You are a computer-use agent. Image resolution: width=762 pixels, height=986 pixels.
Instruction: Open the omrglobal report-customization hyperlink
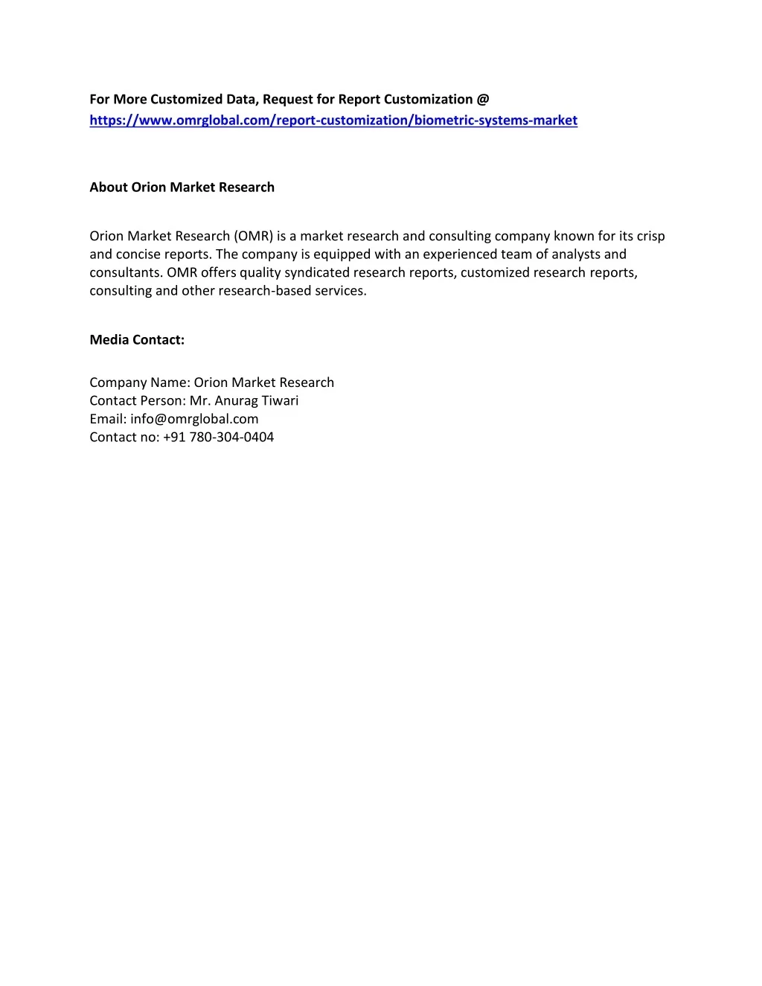click(x=333, y=121)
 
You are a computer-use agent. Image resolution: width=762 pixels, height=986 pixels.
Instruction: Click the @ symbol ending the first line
click(x=483, y=100)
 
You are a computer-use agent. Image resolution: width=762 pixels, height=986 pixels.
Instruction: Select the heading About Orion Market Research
click(x=182, y=188)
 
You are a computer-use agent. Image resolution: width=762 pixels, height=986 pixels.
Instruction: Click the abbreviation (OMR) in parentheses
click(x=254, y=237)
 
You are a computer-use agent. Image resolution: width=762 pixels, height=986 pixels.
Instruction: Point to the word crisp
click(x=650, y=237)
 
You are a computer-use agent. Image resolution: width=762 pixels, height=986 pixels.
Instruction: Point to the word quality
click(x=260, y=273)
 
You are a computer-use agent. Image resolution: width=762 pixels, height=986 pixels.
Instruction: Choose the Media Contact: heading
click(x=137, y=340)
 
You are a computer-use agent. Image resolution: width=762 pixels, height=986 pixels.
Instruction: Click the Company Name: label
click(x=140, y=382)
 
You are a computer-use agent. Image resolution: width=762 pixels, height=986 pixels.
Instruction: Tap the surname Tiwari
click(x=280, y=401)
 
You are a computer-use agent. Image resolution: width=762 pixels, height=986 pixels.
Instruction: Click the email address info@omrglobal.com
click(x=194, y=419)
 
